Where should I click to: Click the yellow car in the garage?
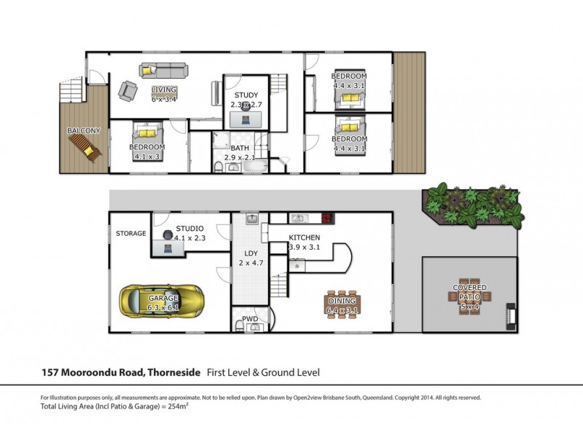pyautogui.click(x=161, y=302)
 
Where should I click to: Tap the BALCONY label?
pyautogui.click(x=84, y=131)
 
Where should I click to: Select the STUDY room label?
pyautogui.click(x=246, y=95)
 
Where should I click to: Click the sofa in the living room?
pyautogui.click(x=164, y=71)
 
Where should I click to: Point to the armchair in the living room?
pyautogui.click(x=128, y=91)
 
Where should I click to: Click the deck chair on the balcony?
pyautogui.click(x=85, y=148)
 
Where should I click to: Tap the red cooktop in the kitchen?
pyautogui.click(x=327, y=218)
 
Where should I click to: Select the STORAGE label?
pyautogui.click(x=131, y=233)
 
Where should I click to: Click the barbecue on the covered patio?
pyautogui.click(x=512, y=317)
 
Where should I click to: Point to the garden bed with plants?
pyautogui.click(x=473, y=205)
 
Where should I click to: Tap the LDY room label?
pyautogui.click(x=251, y=253)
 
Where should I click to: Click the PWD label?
pyautogui.click(x=250, y=319)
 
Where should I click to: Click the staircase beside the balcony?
pyautogui.click(x=71, y=90)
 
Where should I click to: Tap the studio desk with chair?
pyautogui.click(x=168, y=243)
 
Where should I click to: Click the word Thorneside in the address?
pyautogui.click(x=174, y=372)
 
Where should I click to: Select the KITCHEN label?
pyautogui.click(x=304, y=237)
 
